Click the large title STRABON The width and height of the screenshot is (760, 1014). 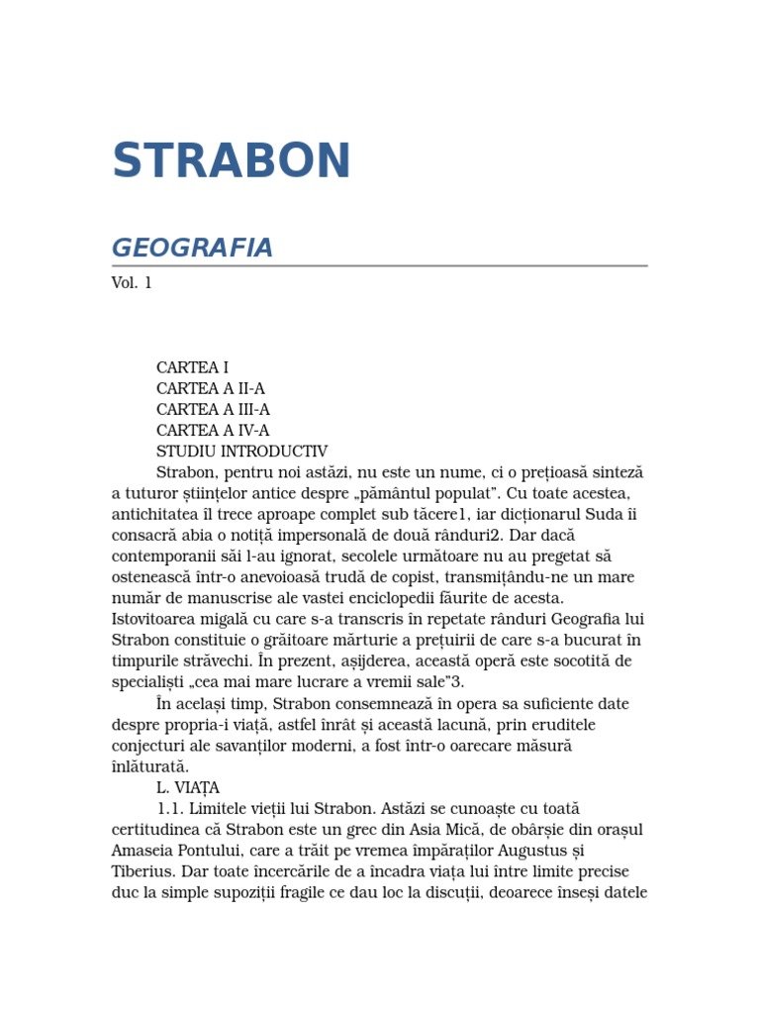tap(232, 160)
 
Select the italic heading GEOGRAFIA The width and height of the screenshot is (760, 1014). tap(192, 248)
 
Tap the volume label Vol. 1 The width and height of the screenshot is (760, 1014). tap(132, 282)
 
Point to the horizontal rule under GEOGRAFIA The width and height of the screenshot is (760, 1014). tap(379, 266)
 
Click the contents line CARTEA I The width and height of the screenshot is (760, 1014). tap(192, 367)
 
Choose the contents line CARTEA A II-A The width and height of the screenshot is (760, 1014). tap(211, 388)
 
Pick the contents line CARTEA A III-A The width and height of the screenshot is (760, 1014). tap(213, 409)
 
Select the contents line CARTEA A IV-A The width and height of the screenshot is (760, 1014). tap(213, 430)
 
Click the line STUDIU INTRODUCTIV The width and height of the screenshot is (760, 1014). tap(241, 451)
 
